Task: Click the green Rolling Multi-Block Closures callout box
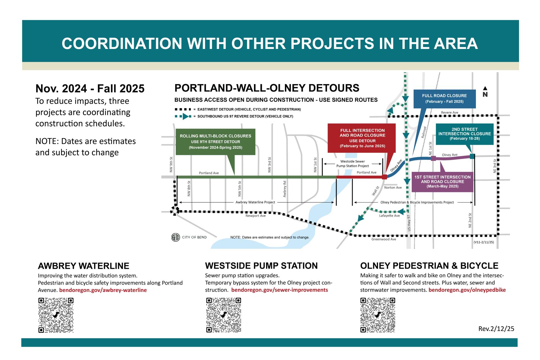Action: [x=215, y=141]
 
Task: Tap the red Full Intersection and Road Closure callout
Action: [x=362, y=138]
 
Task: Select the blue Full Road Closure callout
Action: [x=444, y=98]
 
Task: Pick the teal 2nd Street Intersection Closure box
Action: [x=464, y=134]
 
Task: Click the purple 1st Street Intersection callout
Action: [x=442, y=181]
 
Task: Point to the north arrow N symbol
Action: [x=485, y=92]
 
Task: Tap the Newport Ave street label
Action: [x=255, y=216]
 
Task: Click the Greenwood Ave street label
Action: [x=384, y=239]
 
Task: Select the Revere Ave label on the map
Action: [x=449, y=112]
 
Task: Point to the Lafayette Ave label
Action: [x=389, y=216]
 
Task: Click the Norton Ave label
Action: [x=393, y=188]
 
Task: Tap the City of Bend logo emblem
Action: [x=175, y=237]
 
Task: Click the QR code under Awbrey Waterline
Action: [x=56, y=315]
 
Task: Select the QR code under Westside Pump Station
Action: [x=224, y=315]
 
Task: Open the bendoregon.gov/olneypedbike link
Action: [x=467, y=290]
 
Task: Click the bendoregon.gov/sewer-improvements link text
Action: [x=279, y=290]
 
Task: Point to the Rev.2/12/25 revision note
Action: [x=496, y=329]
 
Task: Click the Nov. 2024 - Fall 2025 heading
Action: [x=90, y=89]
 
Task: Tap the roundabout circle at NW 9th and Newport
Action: [x=175, y=211]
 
